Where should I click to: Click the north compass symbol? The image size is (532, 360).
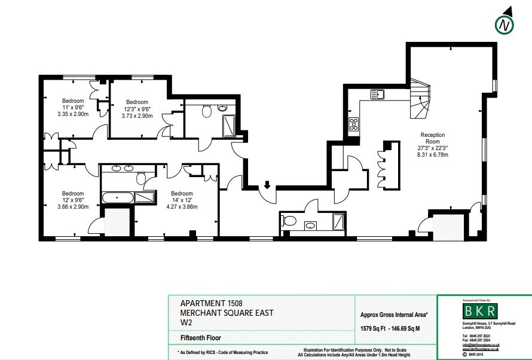505,25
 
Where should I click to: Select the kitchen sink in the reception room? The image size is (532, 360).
377,94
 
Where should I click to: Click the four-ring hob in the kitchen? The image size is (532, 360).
354,124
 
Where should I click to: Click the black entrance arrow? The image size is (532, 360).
267,185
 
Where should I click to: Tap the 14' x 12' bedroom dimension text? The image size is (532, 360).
182,200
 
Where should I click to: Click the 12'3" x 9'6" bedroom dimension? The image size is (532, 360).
137,109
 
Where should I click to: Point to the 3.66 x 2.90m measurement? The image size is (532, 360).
72,207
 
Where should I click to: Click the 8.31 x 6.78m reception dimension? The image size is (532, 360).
433,154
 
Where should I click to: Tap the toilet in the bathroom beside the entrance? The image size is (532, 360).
289,221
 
